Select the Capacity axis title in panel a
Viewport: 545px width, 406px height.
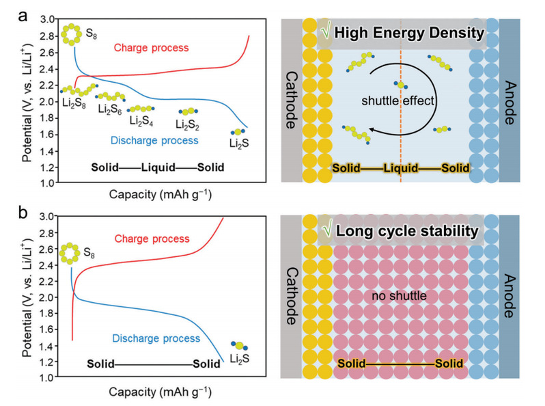tap(160, 194)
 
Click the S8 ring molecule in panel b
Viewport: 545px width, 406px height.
tap(70, 253)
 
